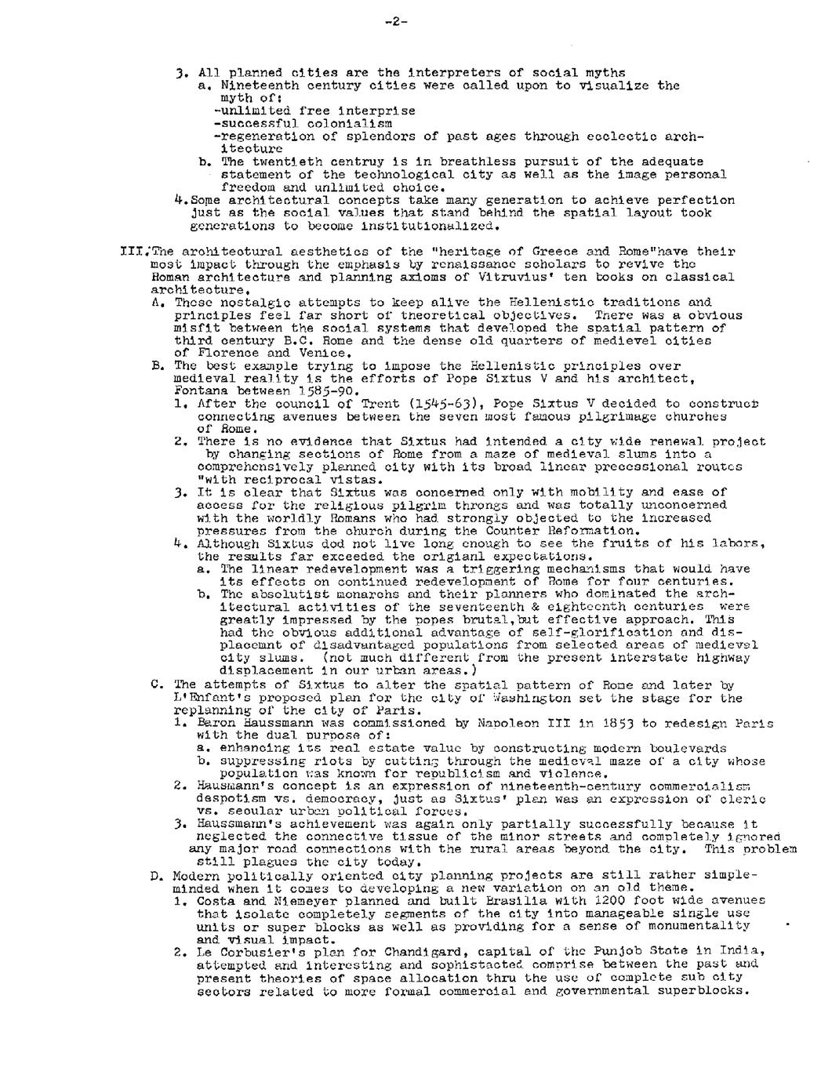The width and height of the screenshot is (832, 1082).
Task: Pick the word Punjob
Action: click(600, 951)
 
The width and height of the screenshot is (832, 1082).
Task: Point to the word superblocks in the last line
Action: click(706, 989)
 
